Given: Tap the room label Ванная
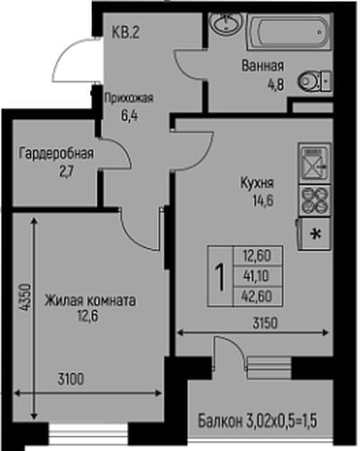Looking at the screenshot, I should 263,66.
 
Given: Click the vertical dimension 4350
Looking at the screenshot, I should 18,299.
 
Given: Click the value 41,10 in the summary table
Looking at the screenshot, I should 257,275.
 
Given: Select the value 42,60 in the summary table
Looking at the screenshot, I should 257,294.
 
